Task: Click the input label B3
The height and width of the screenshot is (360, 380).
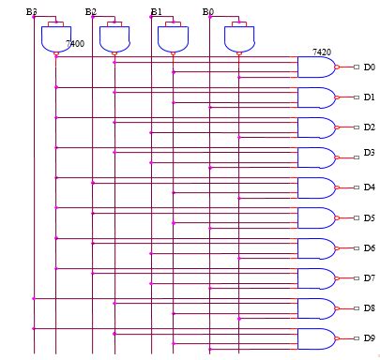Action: click(32, 11)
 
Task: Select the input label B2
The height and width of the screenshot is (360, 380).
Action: click(90, 11)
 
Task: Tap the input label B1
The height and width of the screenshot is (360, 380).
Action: click(156, 11)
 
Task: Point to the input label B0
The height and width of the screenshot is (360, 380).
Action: click(207, 11)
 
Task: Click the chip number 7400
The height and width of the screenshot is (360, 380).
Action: click(75, 44)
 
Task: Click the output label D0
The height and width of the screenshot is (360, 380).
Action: click(369, 67)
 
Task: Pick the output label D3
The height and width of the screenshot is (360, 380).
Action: click(369, 153)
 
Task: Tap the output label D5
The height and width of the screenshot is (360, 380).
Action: click(369, 218)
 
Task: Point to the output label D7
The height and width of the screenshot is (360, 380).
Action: click(369, 277)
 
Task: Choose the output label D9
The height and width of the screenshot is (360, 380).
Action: click(369, 338)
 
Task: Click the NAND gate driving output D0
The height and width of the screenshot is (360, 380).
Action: click(315, 67)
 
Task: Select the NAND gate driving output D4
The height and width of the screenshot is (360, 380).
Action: click(315, 187)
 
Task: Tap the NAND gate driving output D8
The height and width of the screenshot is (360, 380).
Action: click(315, 308)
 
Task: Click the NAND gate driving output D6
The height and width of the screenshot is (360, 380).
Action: click(315, 248)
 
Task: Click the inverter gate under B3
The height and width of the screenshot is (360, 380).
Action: click(55, 38)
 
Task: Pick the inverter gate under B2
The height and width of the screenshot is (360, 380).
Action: click(114, 38)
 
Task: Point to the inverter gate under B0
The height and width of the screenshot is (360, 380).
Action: click(238, 38)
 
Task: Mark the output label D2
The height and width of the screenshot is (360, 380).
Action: click(369, 127)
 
